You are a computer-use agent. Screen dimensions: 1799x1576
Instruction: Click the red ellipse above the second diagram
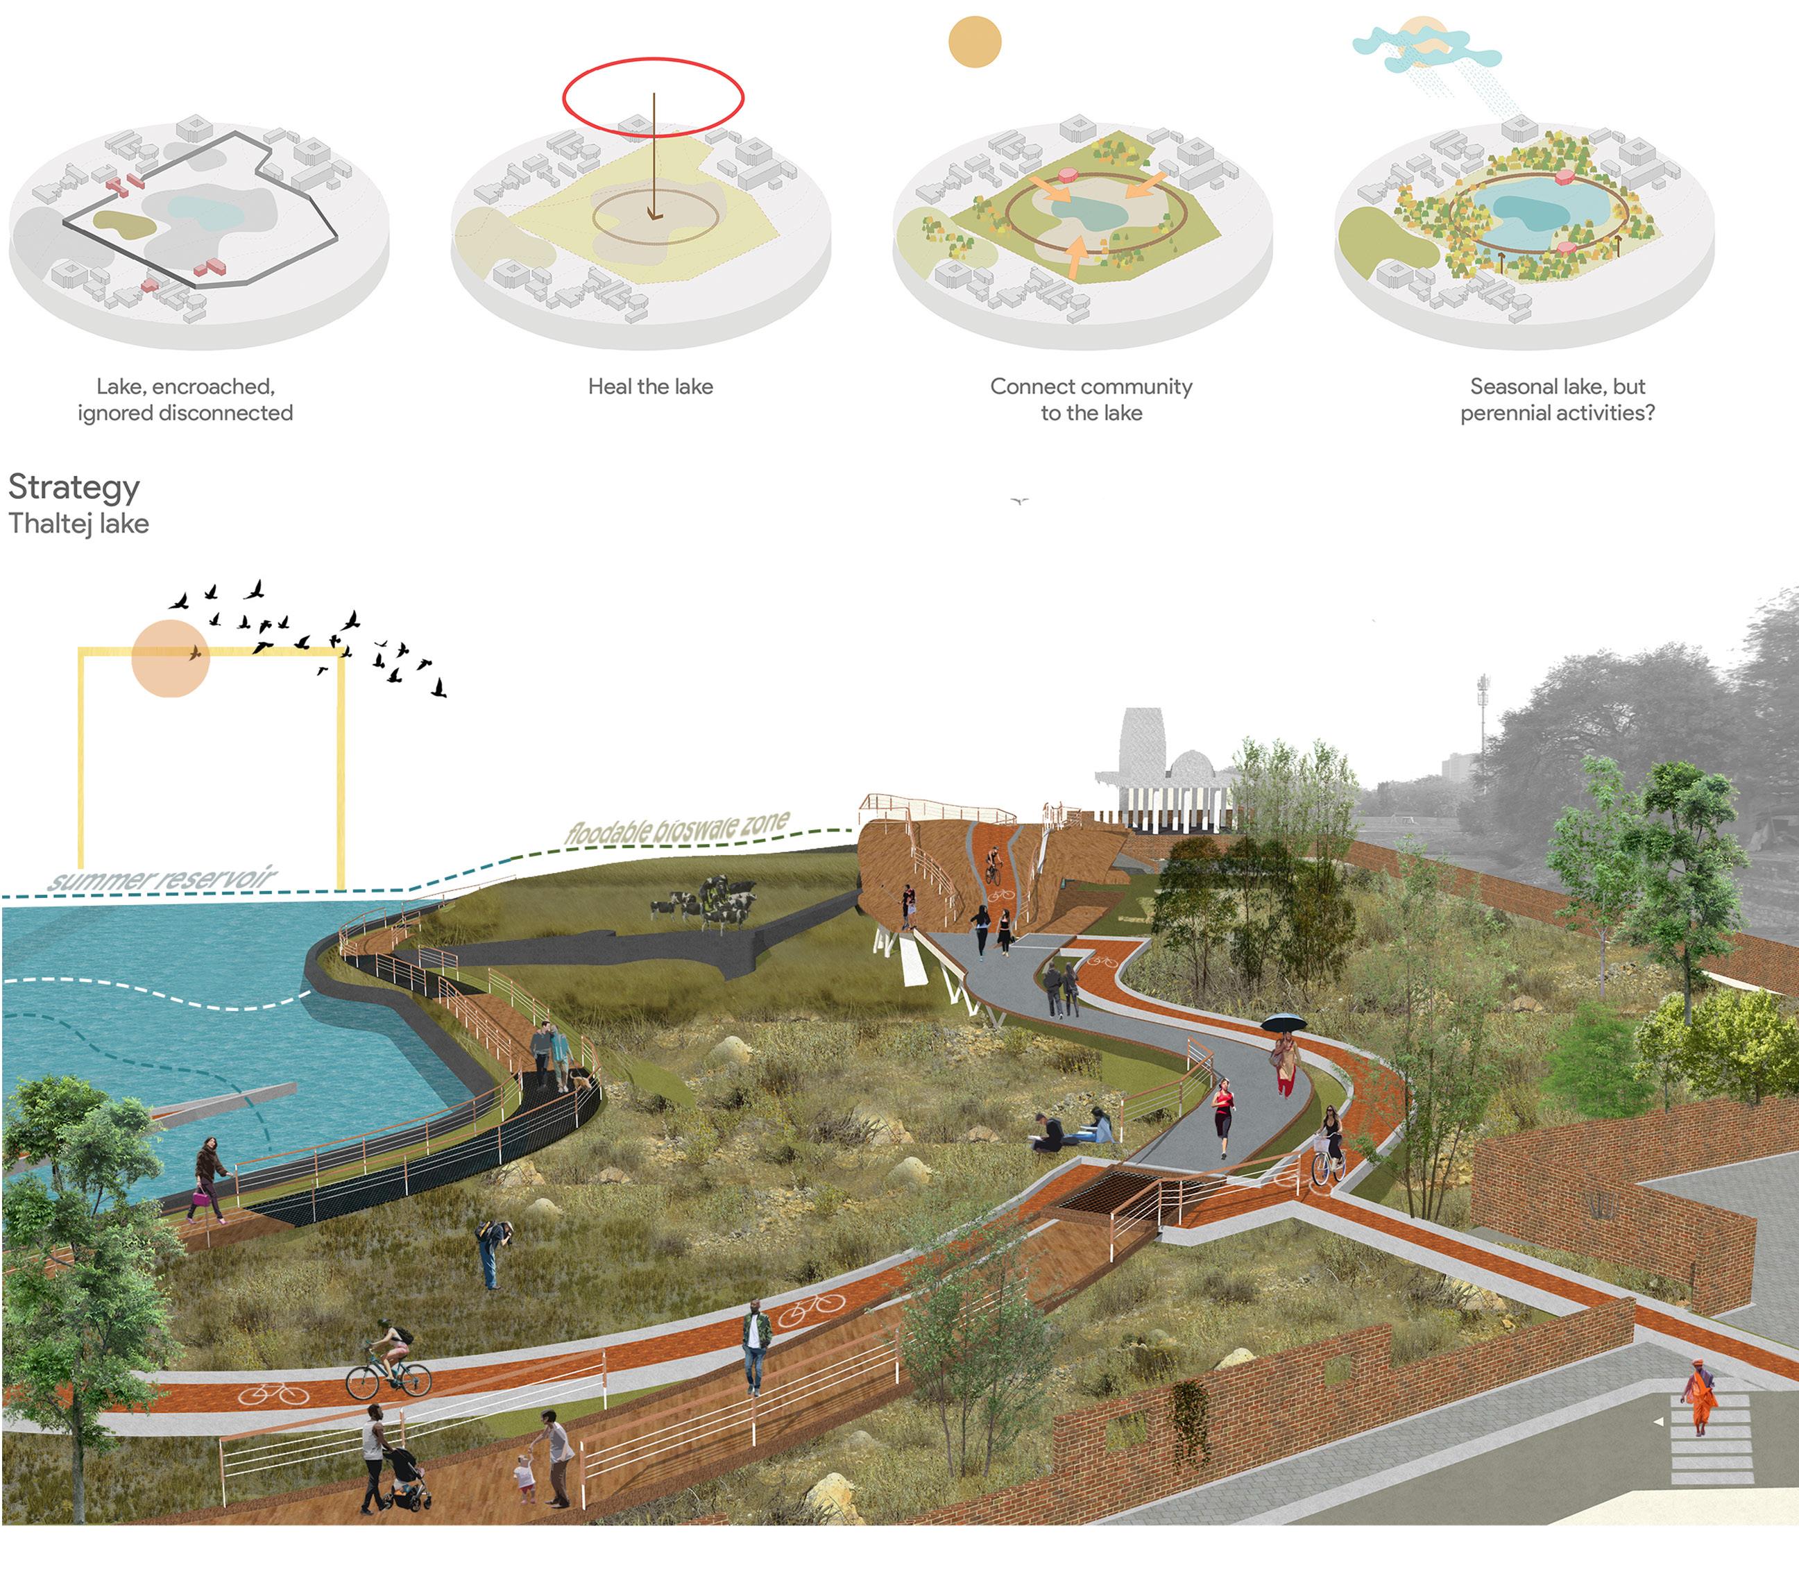pos(652,59)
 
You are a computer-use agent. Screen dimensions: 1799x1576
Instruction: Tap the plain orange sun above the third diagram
pos(974,42)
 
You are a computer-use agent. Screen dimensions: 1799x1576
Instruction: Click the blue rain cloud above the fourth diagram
pos(1424,49)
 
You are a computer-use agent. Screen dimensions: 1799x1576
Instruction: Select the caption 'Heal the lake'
pos(650,386)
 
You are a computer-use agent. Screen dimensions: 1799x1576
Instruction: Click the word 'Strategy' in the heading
pos(74,487)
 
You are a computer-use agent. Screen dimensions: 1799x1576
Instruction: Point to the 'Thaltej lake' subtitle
pos(78,523)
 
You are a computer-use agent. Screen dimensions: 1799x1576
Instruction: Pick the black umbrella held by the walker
pos(1283,1023)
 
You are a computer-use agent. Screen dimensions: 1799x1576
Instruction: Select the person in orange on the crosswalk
pos(1699,1396)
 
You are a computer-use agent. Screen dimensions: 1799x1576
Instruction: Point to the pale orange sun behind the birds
pos(170,658)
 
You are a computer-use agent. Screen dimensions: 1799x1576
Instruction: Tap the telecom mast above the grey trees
pos(1483,721)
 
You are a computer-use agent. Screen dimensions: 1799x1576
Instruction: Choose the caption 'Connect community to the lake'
pos(1091,399)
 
